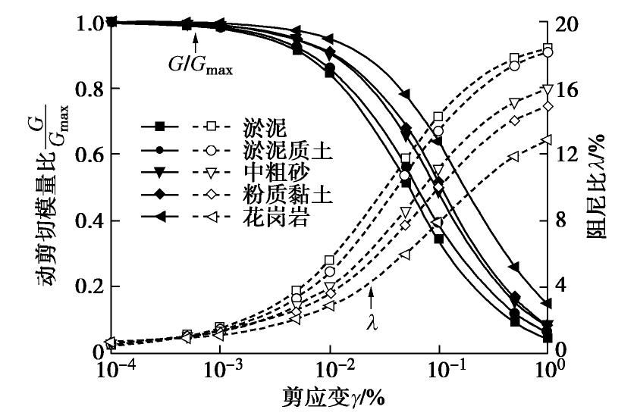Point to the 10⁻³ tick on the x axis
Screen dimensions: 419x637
[x=219, y=371]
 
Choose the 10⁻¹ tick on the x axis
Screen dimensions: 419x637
[x=439, y=371]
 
